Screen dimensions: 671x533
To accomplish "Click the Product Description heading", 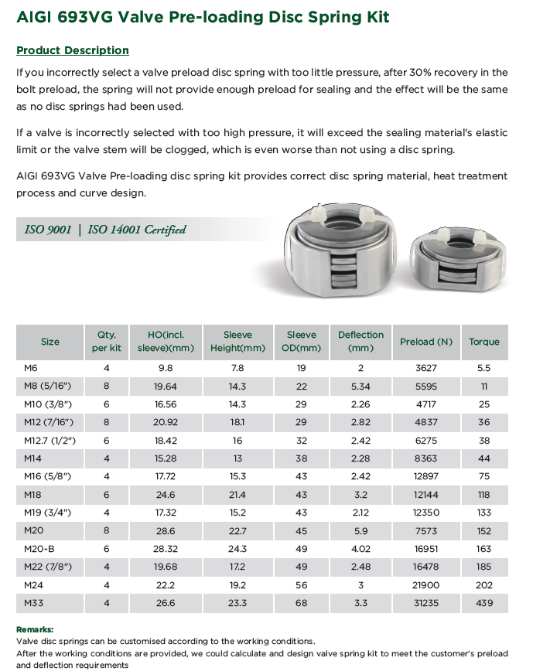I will coord(73,50).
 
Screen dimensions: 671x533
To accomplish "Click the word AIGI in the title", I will coord(36,16).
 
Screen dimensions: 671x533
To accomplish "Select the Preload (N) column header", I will coord(426,342).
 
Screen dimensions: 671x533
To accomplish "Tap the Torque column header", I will coord(484,342).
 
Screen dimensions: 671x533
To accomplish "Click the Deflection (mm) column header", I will coord(360,341).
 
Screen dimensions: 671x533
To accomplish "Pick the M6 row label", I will coord(32,369).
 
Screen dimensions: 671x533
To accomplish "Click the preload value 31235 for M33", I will coord(426,603).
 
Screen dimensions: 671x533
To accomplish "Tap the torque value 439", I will coord(484,603).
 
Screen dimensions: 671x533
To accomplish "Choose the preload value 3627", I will coord(426,369).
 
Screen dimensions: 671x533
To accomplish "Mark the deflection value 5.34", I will coord(360,387).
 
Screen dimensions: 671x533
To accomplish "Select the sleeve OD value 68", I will coord(301,603).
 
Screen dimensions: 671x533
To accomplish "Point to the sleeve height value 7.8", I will coord(237,369).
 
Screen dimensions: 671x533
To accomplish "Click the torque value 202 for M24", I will coord(484,585).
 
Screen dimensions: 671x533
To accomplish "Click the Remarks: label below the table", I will coord(34,629).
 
